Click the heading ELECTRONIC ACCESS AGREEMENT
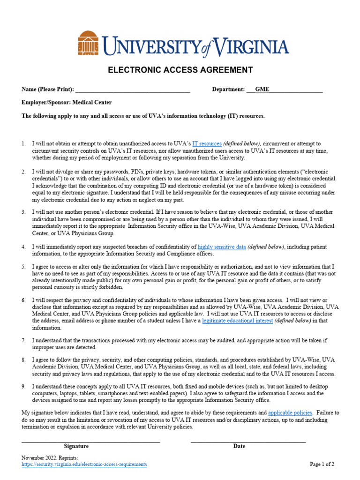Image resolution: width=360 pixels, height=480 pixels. (x=180, y=70)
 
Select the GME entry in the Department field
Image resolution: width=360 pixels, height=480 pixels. (x=262, y=90)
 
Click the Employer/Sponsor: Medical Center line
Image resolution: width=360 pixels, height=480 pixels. (x=67, y=102)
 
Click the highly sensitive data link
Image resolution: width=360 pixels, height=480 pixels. (x=221, y=247)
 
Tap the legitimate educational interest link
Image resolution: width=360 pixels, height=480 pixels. (x=237, y=321)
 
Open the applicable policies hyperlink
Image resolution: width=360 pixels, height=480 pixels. (x=290, y=413)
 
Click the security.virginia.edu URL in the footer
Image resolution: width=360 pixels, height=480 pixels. (x=84, y=465)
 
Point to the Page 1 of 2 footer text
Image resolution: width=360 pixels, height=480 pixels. (x=322, y=465)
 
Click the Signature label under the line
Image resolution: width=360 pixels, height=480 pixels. (x=76, y=446)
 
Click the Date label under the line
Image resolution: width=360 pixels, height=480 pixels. (x=239, y=446)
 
